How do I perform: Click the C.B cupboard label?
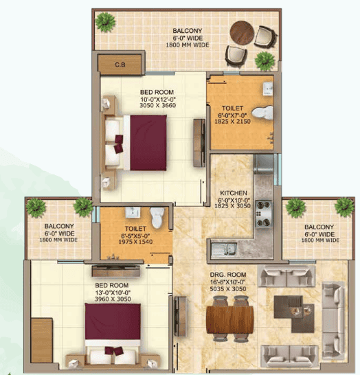[x=119, y=65]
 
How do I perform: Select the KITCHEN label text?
[x=233, y=193]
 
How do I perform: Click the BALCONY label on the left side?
[x=59, y=227]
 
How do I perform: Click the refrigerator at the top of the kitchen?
[x=264, y=164]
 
